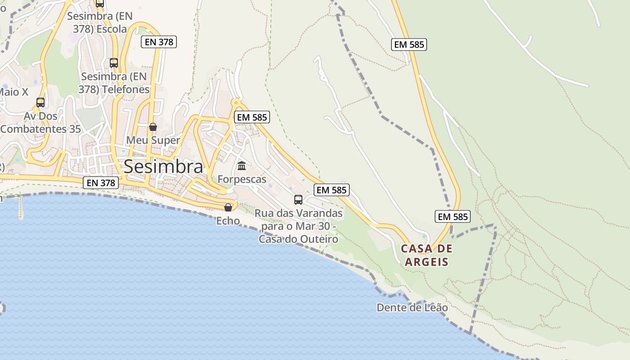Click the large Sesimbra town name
pos(163,166)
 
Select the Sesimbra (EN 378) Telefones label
pos(114,83)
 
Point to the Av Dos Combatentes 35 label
pos(40,122)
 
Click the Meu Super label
pos(153,140)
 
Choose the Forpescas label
pos(242,179)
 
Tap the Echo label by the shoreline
pos(228,220)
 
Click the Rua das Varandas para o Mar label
pos(298,226)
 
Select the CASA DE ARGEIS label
pos(427,255)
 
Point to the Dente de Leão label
pos(412,308)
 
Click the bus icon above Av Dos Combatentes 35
pos(40,103)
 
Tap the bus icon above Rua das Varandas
pos(298,200)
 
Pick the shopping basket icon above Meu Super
pos(153,127)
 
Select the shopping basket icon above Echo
pos(228,207)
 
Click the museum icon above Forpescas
pos(242,166)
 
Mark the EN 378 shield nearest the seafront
pos(101,183)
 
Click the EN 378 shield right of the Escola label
pos(159,42)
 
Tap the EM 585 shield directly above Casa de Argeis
pos(453,216)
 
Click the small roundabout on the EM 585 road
pos(236,103)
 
